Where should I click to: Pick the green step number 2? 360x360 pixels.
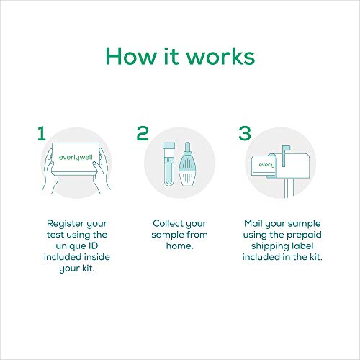coord(143,133)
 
